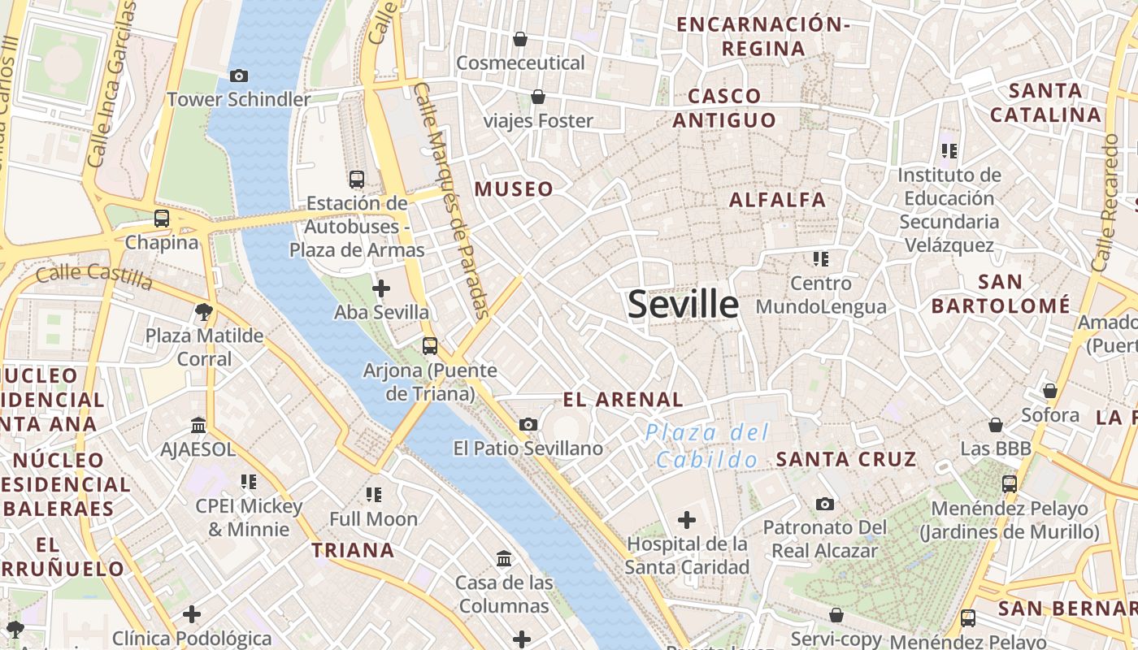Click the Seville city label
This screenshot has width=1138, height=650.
click(684, 304)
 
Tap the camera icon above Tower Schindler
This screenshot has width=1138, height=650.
click(239, 76)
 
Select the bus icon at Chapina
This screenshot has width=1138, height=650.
click(162, 218)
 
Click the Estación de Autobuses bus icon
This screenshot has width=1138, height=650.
click(356, 179)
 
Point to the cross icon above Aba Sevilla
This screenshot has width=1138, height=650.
click(381, 288)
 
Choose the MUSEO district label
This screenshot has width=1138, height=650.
click(514, 189)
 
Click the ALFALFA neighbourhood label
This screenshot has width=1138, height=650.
click(777, 200)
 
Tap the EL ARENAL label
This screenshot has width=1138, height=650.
click(623, 399)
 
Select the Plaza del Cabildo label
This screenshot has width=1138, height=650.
click(707, 445)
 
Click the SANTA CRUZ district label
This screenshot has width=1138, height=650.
click(846, 459)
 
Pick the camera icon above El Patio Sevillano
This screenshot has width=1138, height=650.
click(528, 424)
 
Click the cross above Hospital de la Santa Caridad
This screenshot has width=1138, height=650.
click(687, 519)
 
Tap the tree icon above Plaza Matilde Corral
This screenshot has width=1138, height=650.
click(204, 311)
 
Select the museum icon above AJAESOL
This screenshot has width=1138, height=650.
click(198, 425)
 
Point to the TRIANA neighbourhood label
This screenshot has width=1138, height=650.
click(354, 550)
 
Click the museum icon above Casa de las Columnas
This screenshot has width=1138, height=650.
click(504, 558)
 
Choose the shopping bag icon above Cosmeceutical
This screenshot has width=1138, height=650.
click(520, 38)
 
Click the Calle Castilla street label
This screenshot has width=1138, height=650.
click(94, 275)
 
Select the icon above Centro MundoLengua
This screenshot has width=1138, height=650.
click(821, 259)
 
